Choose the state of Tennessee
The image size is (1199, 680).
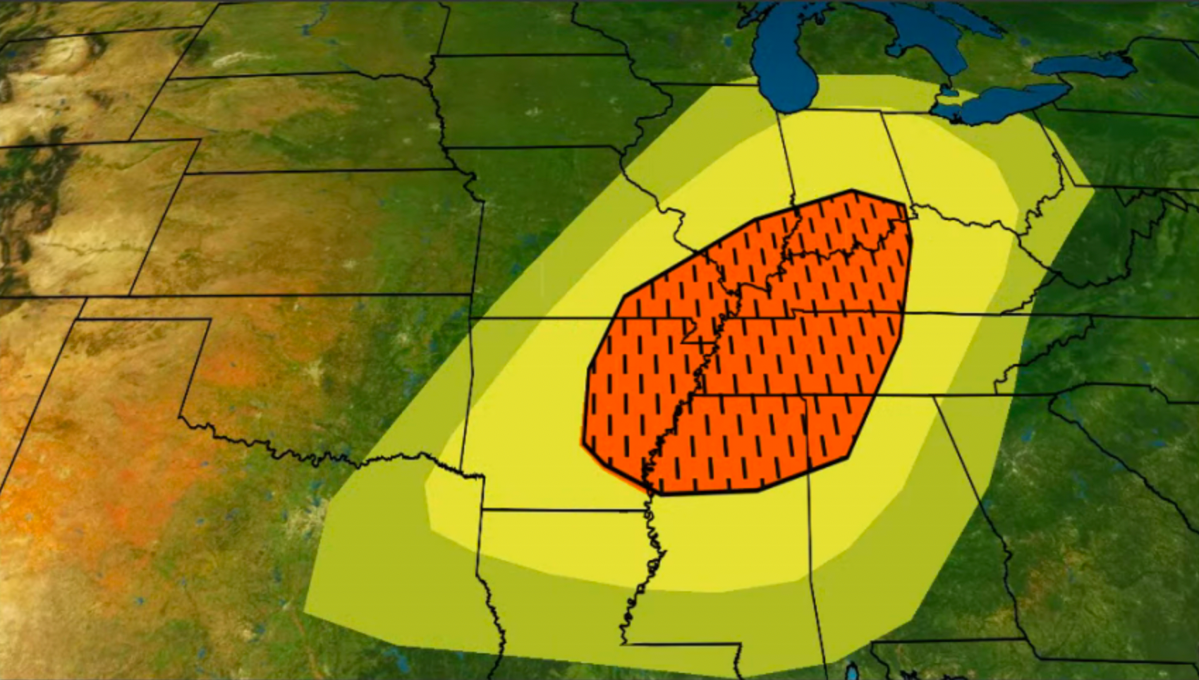846,353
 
